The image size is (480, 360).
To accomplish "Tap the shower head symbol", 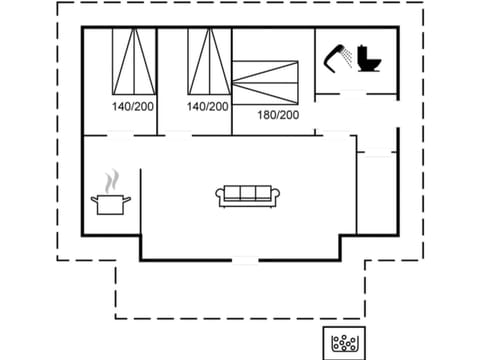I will [x=338, y=57].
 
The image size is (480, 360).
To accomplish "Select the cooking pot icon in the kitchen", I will [x=111, y=203].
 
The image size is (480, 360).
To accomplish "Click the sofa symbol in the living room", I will [x=248, y=196].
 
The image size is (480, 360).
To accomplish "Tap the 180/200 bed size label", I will [x=279, y=115].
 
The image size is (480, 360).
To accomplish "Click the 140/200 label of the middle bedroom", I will [x=208, y=105].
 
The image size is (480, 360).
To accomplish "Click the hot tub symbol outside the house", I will [x=344, y=343].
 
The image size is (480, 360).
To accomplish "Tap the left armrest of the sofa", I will [x=220, y=196].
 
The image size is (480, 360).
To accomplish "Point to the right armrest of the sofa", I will [x=276, y=196].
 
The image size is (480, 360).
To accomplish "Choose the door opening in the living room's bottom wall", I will [x=245, y=260].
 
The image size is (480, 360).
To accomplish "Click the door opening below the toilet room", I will [x=353, y=94].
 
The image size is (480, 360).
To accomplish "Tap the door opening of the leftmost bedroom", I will [x=121, y=134].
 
